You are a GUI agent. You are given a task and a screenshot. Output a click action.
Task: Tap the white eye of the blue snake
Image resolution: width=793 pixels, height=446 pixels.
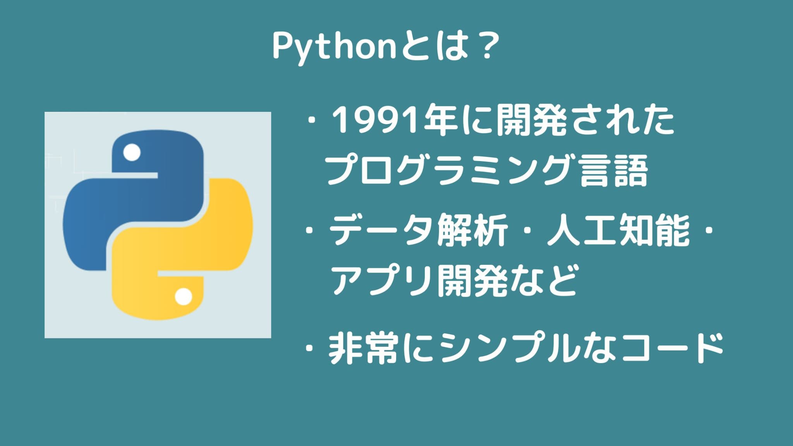(132, 152)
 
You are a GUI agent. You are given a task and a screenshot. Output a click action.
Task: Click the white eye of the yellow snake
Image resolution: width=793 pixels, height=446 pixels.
(183, 297)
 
